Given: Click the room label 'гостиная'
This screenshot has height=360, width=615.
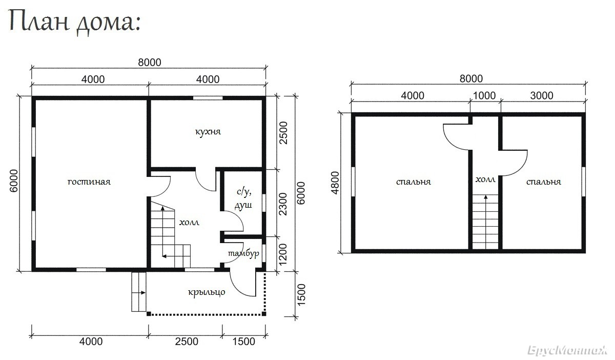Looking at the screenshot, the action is pyautogui.click(x=89, y=182).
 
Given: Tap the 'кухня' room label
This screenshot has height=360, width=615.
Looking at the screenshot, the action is pyautogui.click(x=208, y=132).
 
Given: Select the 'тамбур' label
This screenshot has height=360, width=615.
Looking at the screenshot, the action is pyautogui.click(x=243, y=253).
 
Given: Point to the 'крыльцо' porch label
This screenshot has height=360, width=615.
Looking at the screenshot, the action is pyautogui.click(x=207, y=292).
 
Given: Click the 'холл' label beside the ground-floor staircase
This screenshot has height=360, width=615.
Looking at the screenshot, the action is pyautogui.click(x=189, y=223).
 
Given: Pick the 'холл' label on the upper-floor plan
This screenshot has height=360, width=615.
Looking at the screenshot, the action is pyautogui.click(x=485, y=179).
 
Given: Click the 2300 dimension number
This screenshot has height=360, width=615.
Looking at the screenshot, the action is pyautogui.click(x=282, y=204).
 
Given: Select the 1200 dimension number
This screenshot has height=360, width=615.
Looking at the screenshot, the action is pyautogui.click(x=282, y=254).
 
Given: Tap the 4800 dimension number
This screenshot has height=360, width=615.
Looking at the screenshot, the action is pyautogui.click(x=335, y=183).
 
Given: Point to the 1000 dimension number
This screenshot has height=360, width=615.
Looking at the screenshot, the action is pyautogui.click(x=484, y=95).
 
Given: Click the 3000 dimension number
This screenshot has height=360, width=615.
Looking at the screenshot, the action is pyautogui.click(x=541, y=95).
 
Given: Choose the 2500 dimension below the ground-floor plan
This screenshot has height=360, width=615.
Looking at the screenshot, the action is pyautogui.click(x=187, y=342).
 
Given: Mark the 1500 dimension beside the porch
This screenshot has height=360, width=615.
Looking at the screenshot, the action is pyautogui.click(x=301, y=294).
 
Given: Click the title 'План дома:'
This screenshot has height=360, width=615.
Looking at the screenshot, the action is pyautogui.click(x=75, y=23).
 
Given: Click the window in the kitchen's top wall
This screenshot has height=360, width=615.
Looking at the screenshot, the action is pyautogui.click(x=208, y=98).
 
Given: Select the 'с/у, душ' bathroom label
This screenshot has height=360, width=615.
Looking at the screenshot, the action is pyautogui.click(x=243, y=198).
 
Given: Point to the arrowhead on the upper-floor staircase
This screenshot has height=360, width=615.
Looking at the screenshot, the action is pyautogui.click(x=486, y=197).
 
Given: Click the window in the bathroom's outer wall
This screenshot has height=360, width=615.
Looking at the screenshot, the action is pyautogui.click(x=264, y=203).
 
